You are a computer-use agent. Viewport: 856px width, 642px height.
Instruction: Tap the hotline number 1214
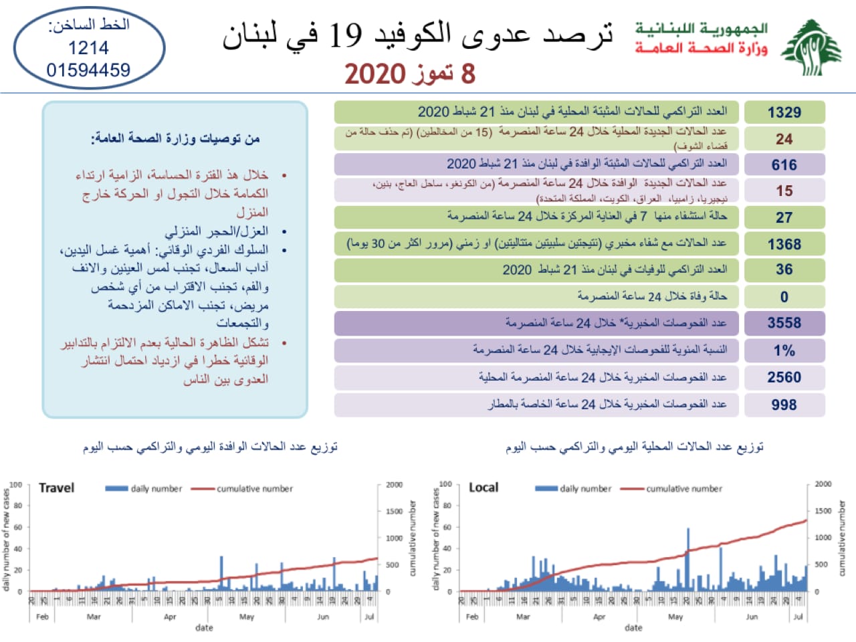click(x=88, y=47)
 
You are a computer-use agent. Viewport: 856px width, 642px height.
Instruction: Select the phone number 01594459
click(x=88, y=70)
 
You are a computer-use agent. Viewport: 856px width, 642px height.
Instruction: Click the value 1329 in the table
click(x=784, y=112)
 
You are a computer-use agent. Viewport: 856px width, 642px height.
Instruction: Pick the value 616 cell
click(x=784, y=165)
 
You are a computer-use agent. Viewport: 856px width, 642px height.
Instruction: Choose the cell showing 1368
click(x=784, y=244)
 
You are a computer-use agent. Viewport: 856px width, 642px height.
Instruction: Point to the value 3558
click(x=784, y=323)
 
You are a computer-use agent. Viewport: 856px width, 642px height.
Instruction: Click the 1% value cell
click(x=784, y=350)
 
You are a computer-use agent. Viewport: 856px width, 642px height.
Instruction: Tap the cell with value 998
click(x=784, y=405)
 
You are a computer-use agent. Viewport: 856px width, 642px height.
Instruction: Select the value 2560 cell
click(x=784, y=377)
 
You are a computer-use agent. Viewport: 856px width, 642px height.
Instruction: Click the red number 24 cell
click(x=784, y=139)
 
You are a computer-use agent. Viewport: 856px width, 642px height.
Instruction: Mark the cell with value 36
click(x=784, y=270)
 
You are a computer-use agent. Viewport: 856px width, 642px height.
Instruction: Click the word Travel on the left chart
click(x=57, y=488)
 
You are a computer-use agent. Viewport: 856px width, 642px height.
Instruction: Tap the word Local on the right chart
click(x=484, y=488)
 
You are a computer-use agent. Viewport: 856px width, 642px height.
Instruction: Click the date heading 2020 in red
click(x=374, y=74)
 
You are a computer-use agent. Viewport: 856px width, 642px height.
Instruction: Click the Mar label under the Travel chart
click(x=94, y=617)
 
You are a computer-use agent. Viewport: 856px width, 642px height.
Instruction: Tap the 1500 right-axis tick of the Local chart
click(x=823, y=511)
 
